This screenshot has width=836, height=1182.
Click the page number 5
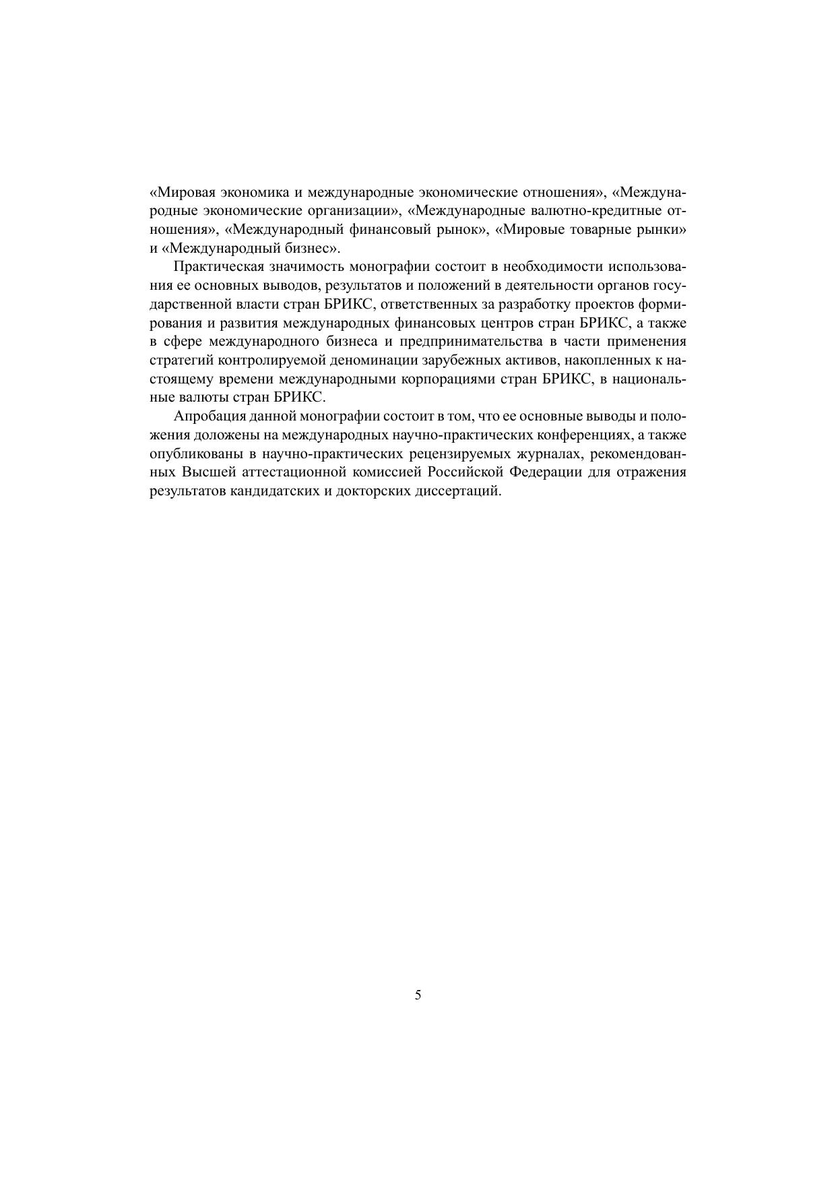point(418,995)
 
